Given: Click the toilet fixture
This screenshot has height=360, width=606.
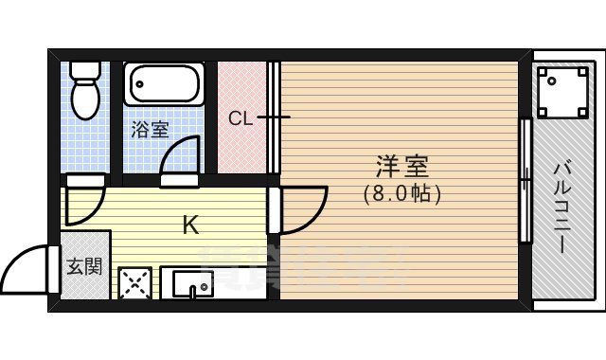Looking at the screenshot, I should point(86,96).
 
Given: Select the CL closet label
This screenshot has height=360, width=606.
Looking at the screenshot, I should point(240,118).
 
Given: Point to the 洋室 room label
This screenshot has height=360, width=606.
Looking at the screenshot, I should point(403,168).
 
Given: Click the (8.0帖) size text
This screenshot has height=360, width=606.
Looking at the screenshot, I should point(403,193).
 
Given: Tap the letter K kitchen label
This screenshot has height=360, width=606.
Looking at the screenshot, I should point(190,225).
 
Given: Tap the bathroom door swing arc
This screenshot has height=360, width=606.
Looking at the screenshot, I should point(182,155).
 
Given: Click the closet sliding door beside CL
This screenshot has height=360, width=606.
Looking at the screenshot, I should point(273,117).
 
